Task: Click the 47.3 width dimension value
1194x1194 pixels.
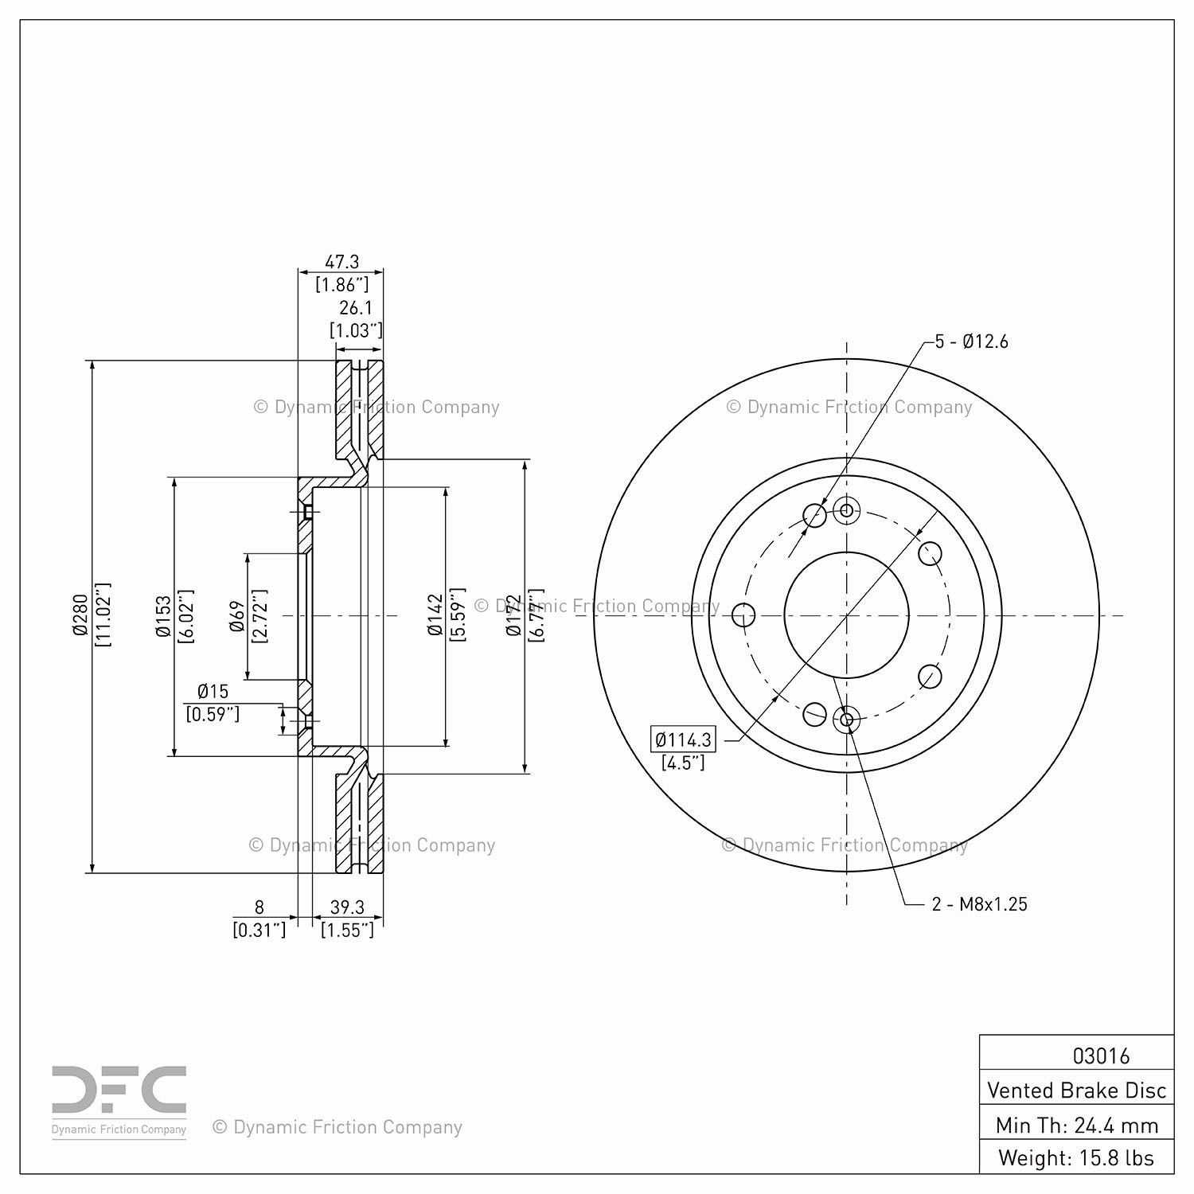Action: (342, 261)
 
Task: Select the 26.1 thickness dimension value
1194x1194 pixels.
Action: (356, 308)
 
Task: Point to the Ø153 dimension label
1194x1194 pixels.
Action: (163, 616)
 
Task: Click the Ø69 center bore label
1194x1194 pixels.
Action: (237, 616)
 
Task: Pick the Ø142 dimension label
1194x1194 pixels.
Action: (434, 615)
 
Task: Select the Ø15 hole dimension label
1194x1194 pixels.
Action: (213, 691)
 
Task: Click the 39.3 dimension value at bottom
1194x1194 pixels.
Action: (347, 907)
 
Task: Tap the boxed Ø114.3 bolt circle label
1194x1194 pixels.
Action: (683, 739)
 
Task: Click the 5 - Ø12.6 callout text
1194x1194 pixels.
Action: (971, 341)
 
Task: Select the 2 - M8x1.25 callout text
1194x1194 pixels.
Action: (979, 903)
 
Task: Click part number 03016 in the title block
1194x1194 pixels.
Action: (1101, 1056)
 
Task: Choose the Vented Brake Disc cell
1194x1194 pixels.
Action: (1076, 1090)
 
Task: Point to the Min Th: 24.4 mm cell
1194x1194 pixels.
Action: (1076, 1126)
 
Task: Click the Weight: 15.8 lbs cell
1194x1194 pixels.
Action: (1076, 1158)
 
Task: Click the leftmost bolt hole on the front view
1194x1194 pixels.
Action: (743, 615)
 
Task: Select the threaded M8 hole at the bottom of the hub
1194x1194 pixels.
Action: (846, 720)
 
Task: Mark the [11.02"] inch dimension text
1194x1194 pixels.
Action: (103, 615)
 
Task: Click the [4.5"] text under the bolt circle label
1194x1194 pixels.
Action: (683, 763)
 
